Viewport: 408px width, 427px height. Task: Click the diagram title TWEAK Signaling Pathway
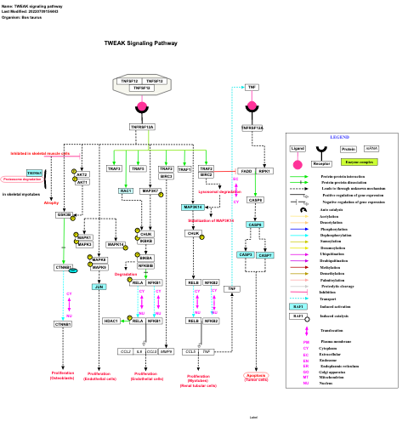(141, 43)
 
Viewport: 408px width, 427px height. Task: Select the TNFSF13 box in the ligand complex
(154, 81)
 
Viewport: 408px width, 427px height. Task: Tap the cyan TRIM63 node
(34, 173)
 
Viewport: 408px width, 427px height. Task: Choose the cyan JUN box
(99, 287)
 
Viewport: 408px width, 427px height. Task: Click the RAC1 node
(126, 191)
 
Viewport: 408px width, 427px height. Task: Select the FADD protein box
(246, 171)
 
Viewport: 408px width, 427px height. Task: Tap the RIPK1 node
(265, 171)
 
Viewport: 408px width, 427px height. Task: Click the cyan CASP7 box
(265, 254)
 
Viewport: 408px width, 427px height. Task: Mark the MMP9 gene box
(167, 350)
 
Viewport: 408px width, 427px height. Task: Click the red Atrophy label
(52, 202)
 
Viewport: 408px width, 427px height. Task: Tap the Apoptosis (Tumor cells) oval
(256, 376)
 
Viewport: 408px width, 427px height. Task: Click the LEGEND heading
(339, 137)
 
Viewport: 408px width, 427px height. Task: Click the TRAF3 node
(114, 168)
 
